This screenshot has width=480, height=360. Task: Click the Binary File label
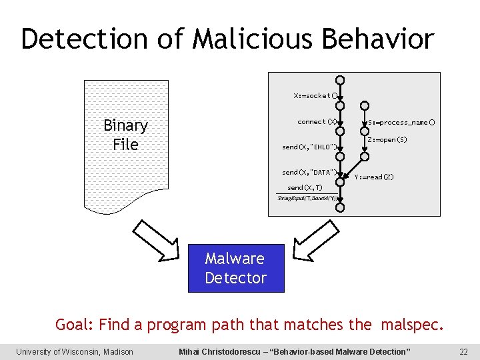click(x=125, y=135)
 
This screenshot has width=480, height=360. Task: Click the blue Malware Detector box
click(x=236, y=268)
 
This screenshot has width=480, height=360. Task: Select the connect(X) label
click(x=317, y=122)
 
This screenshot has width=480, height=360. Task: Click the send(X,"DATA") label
click(x=309, y=173)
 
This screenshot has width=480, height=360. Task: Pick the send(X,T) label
click(x=305, y=188)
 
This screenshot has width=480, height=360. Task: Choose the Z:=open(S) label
click(x=387, y=140)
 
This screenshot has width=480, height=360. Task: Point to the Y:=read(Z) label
click(x=374, y=177)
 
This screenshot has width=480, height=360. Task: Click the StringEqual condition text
click(x=306, y=198)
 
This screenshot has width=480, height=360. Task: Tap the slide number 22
click(x=464, y=351)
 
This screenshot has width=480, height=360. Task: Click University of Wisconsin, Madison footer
click(x=75, y=351)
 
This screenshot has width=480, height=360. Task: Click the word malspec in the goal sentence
click(x=409, y=325)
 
